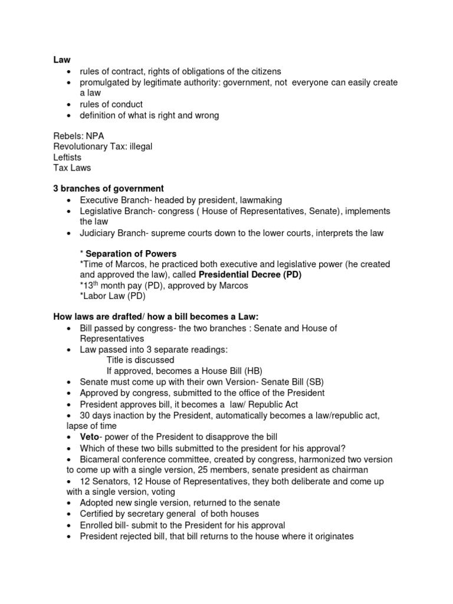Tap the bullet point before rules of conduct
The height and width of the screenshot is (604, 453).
pyautogui.click(x=69, y=104)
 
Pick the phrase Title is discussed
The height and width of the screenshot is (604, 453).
pyautogui.click(x=140, y=360)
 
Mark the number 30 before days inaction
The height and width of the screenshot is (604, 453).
pyautogui.click(x=86, y=415)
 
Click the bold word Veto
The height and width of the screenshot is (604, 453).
pyautogui.click(x=90, y=437)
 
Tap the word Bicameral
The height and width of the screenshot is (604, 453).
pyautogui.click(x=102, y=459)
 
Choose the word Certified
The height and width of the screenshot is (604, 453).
pyautogui.click(x=100, y=514)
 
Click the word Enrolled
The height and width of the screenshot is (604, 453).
pyautogui.click(x=98, y=525)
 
